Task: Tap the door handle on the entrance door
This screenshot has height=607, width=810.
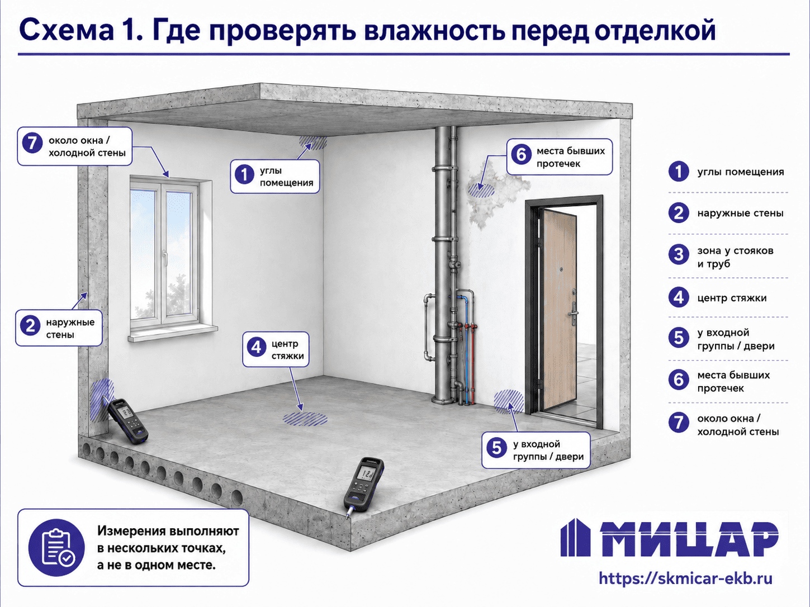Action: click(573, 314)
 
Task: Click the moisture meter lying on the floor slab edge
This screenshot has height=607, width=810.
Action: click(363, 486)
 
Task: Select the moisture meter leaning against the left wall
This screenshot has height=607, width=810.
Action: click(126, 421)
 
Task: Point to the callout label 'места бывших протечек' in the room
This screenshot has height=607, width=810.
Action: click(571, 157)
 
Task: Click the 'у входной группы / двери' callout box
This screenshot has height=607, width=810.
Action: click(536, 450)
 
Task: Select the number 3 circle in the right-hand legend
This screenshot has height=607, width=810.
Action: click(679, 255)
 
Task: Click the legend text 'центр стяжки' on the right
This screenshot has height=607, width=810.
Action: click(732, 298)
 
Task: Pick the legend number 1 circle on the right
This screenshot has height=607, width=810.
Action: click(679, 171)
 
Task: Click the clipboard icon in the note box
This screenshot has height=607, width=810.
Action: click(56, 548)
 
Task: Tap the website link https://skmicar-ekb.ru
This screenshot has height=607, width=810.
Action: click(685, 578)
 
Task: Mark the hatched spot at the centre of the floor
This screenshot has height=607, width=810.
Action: click(305, 419)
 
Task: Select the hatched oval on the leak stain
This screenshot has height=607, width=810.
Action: click(481, 189)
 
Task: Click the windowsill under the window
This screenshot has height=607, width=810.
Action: click(173, 333)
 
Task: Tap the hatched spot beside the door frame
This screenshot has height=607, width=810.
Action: click(509, 401)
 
